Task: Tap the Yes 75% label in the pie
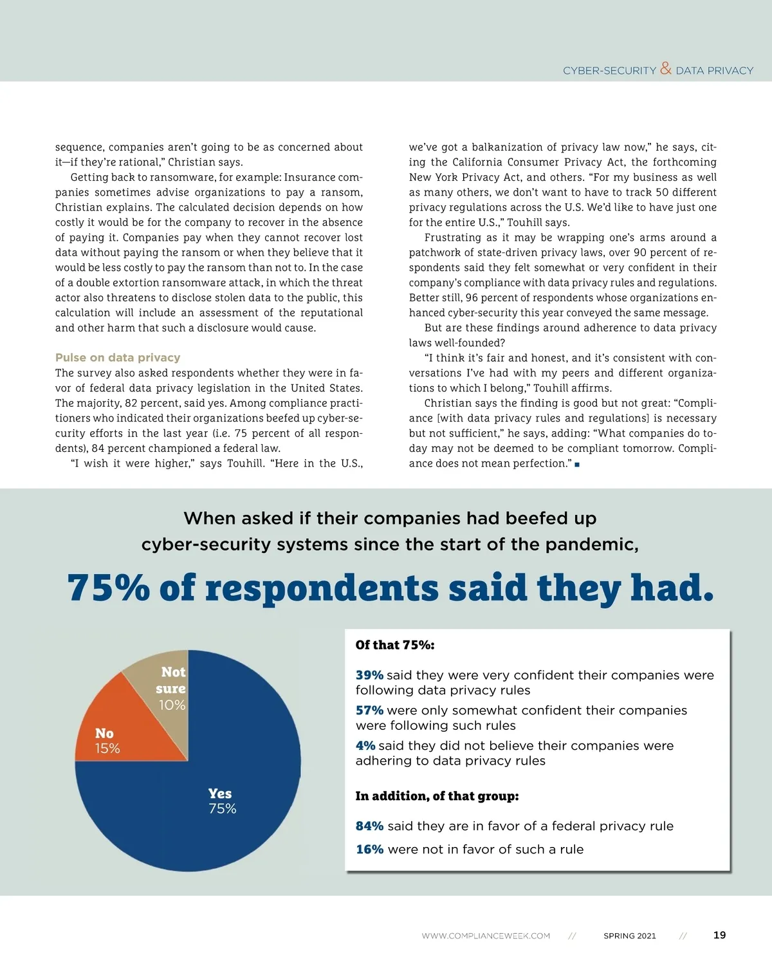222,801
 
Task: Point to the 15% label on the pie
107,749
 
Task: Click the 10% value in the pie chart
172,705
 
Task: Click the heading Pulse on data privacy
118,358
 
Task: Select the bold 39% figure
369,675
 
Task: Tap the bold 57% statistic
369,711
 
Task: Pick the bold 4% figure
365,746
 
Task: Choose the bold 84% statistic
369,826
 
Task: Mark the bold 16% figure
369,850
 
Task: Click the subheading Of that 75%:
395,645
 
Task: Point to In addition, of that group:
437,796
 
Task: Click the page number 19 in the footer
719,935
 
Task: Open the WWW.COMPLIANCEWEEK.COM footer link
486,936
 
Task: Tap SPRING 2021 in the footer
629,936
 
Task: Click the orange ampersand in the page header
666,68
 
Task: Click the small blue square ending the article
577,464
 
